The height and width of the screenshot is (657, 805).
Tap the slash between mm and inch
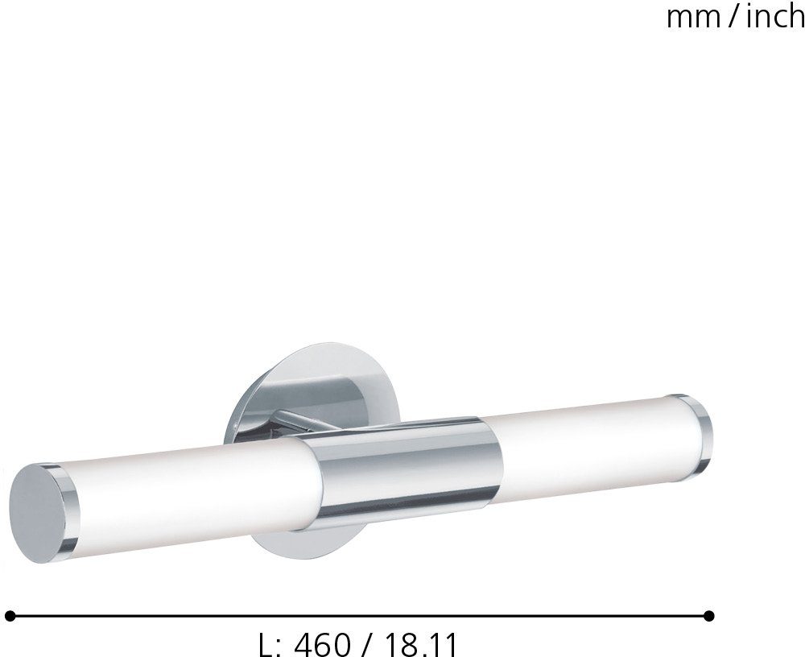pyautogui.click(x=733, y=17)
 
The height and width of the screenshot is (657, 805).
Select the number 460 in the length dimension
pyautogui.click(x=323, y=644)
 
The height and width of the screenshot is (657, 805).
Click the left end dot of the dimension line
pyautogui.click(x=10, y=616)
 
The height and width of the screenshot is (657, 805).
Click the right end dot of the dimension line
pyautogui.click(x=708, y=616)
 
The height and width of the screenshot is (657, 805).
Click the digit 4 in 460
pyautogui.click(x=304, y=644)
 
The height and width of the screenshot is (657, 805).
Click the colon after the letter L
pyautogui.click(x=279, y=647)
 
